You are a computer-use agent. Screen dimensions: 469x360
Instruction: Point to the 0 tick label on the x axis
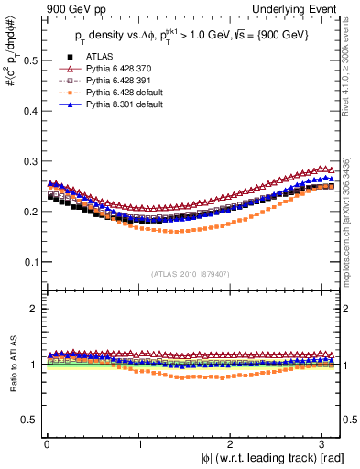pos(47,443)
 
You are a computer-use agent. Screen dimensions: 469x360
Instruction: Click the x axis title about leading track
pos(261,458)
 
